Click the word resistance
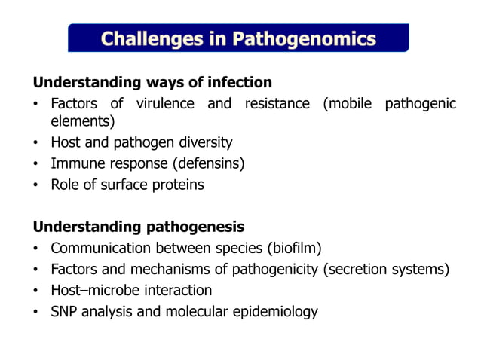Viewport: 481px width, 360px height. point(276,103)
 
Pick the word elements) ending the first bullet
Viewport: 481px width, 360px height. point(82,121)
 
